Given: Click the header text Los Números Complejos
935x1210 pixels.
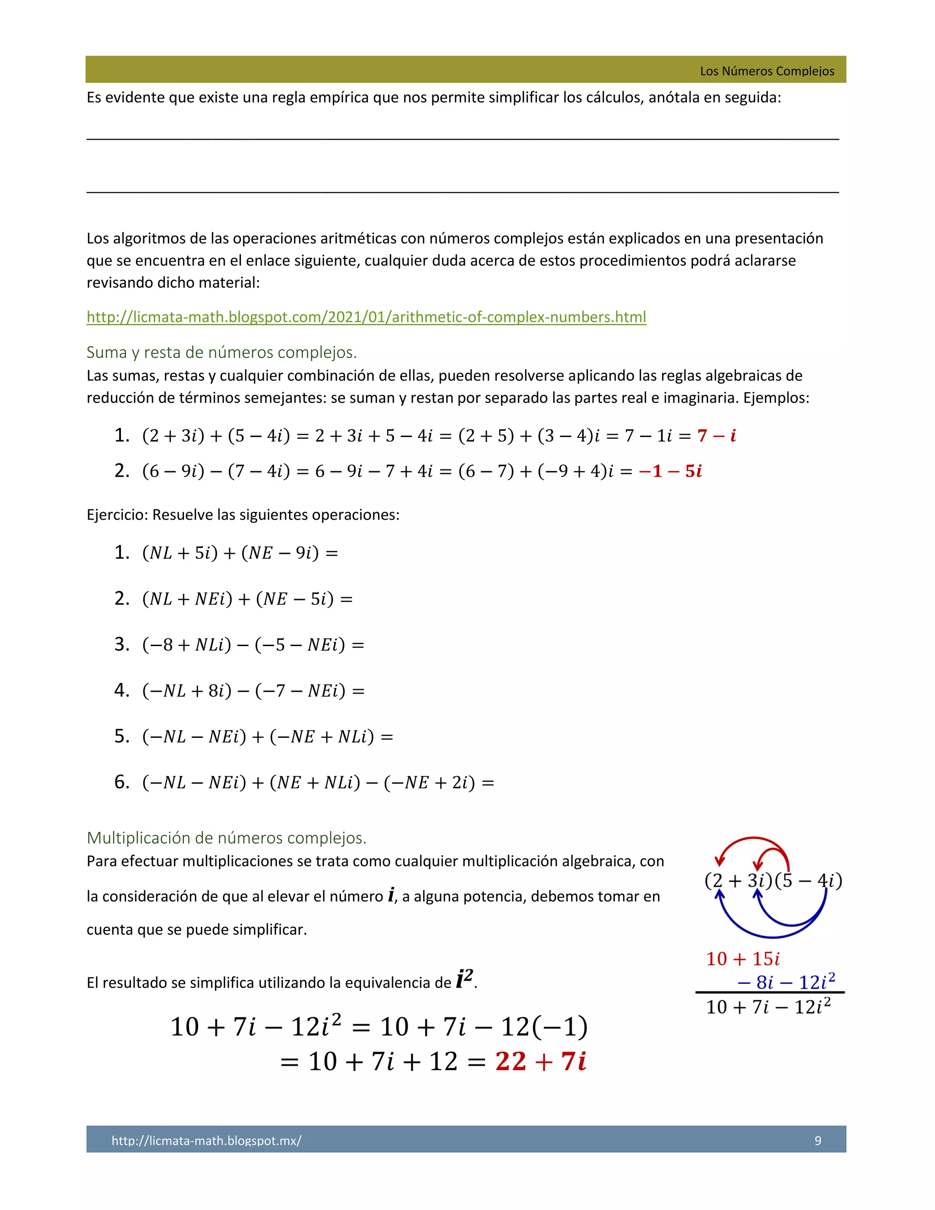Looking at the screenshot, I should pos(767,71).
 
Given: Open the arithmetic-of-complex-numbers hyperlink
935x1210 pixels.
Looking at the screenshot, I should pos(366,317).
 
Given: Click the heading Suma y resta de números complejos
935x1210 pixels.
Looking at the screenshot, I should pos(221,352).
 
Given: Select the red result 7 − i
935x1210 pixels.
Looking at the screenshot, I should pos(716,436).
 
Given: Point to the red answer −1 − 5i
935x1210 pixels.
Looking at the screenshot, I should pos(670,471).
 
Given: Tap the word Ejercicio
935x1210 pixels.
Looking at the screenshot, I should pos(117,515).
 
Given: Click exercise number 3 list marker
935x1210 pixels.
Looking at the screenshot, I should pos(122,644).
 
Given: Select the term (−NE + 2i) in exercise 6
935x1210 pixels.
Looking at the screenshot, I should pos(429,782).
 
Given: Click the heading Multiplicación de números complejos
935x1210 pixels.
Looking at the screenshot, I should pos(226,838).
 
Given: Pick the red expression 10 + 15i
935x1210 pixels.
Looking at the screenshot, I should pos(743,959).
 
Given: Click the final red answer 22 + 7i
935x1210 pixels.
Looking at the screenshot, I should pos(541,1062).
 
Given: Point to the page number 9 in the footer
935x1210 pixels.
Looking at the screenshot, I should pos(818,1140).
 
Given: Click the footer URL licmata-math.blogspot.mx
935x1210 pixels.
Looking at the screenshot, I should pos(207,1140).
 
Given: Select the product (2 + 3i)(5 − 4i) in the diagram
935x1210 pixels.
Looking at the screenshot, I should pos(773,881).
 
